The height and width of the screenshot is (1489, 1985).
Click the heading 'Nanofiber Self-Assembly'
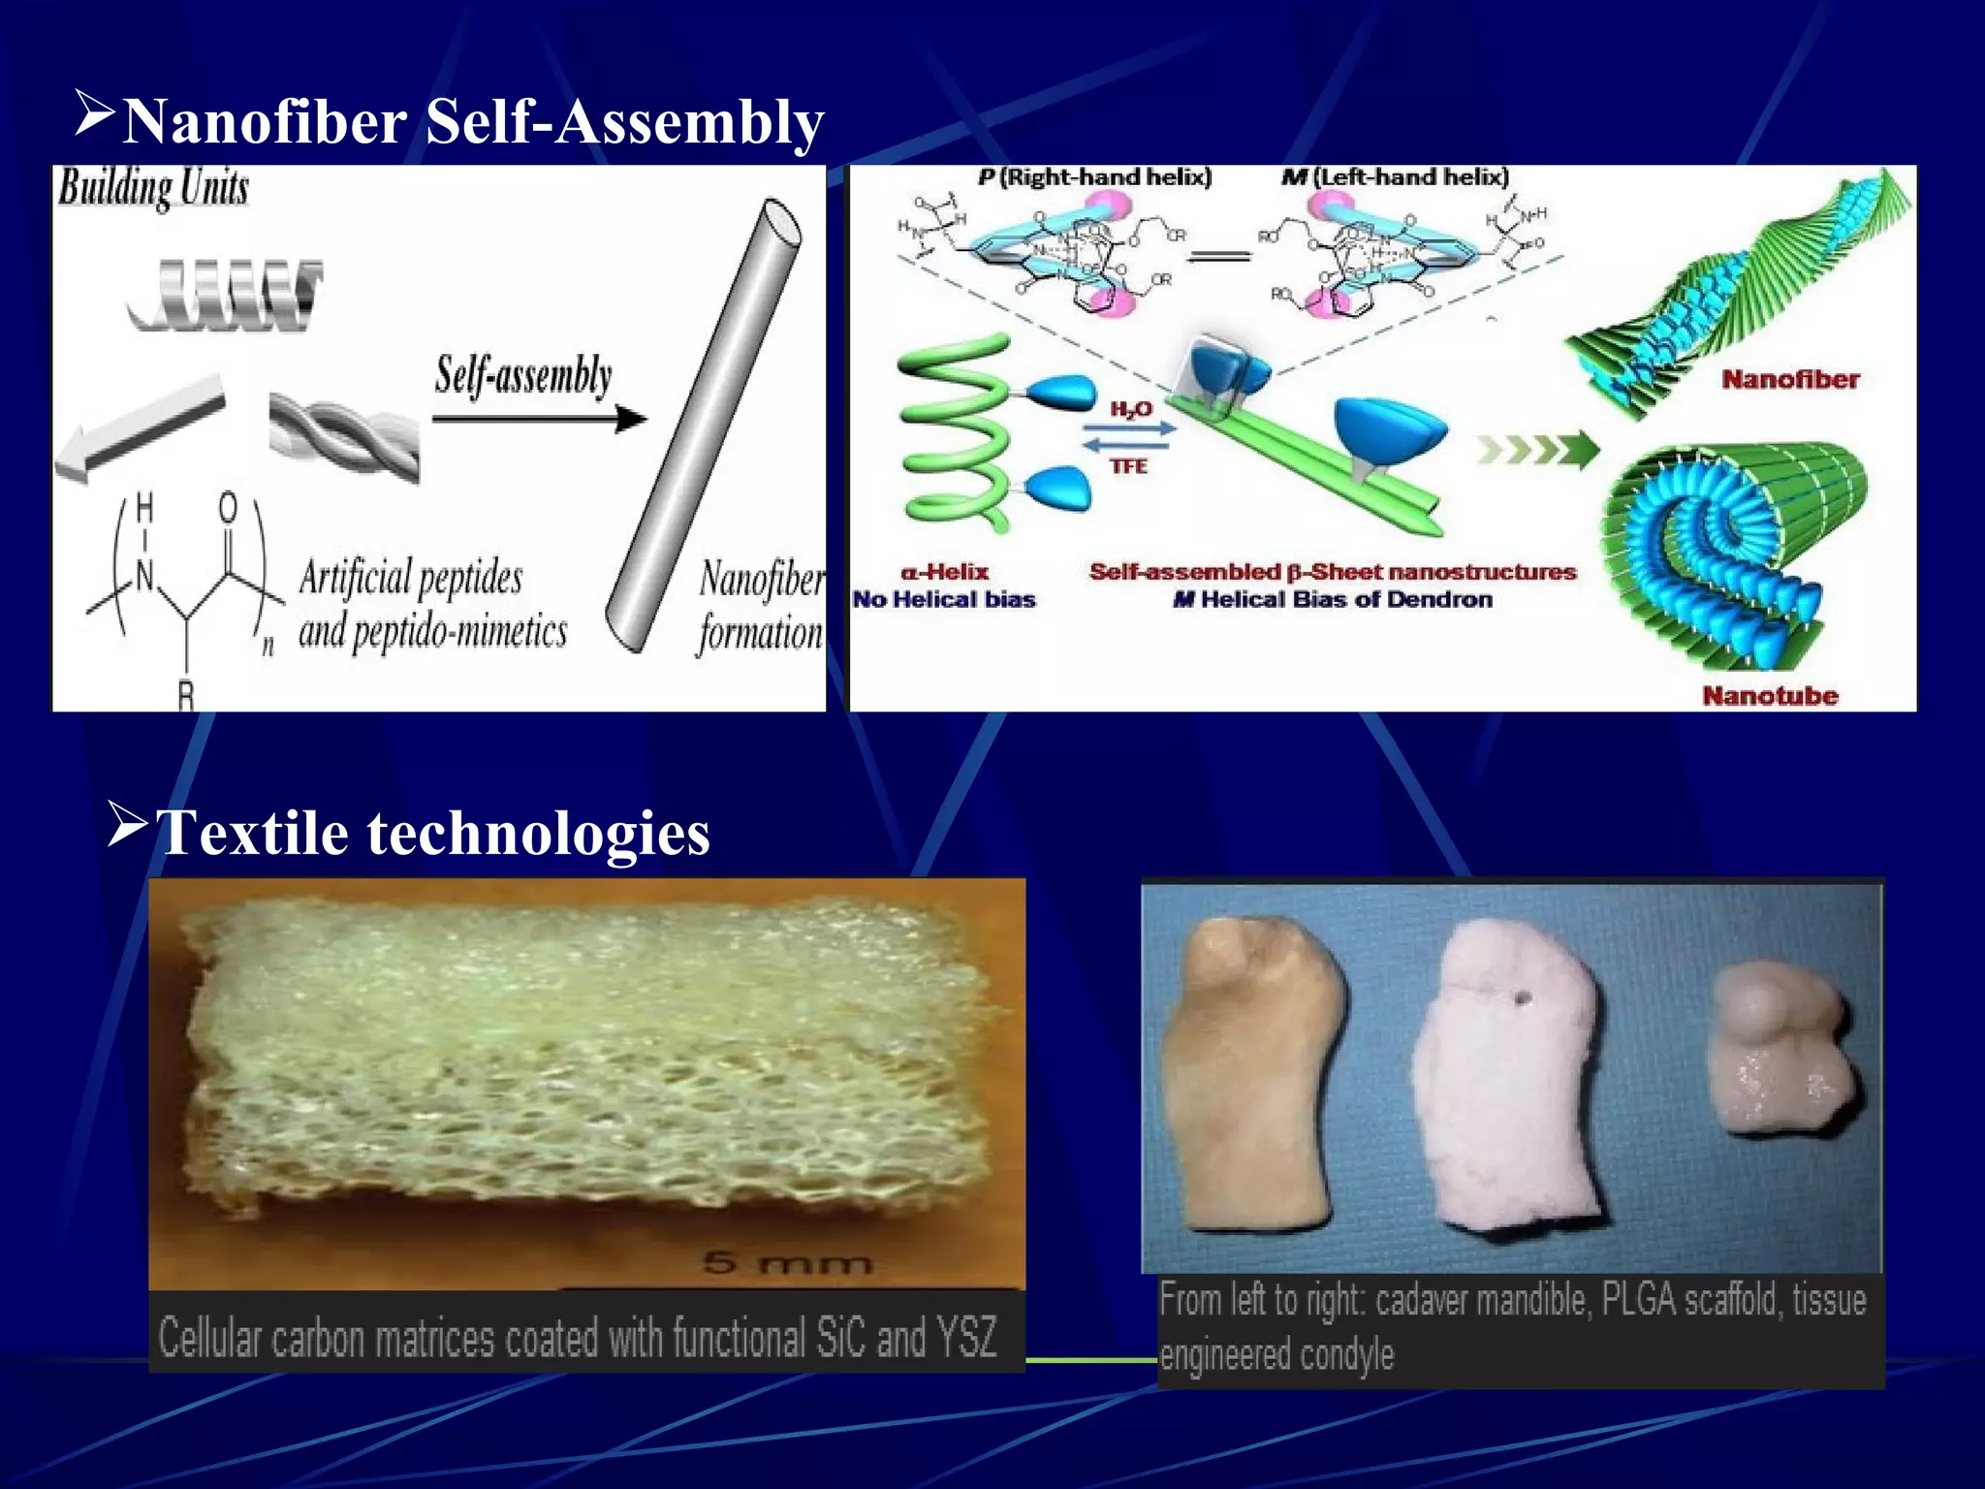[473, 122]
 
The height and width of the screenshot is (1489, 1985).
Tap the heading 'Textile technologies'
[432, 833]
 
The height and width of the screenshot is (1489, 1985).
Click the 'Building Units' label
[153, 188]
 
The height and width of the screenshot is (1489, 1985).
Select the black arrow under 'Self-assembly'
[538, 419]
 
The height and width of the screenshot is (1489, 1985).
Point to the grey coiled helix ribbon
[225, 294]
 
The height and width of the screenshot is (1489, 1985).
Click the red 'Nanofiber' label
[1790, 379]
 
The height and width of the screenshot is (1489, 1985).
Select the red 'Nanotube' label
[1770, 695]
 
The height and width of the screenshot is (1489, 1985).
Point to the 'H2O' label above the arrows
[1130, 409]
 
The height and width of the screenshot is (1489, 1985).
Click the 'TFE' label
[1128, 466]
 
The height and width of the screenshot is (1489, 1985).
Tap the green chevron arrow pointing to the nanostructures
[1536, 450]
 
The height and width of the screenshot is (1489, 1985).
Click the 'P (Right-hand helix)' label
[1094, 177]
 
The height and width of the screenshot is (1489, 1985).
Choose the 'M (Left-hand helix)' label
[1395, 177]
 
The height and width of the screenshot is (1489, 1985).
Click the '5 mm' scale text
[787, 1262]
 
